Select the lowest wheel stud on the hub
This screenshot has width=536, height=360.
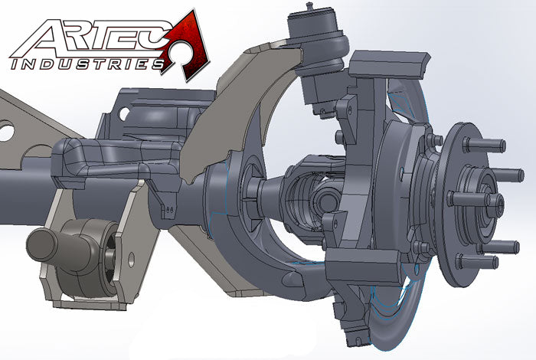point(482,261)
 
